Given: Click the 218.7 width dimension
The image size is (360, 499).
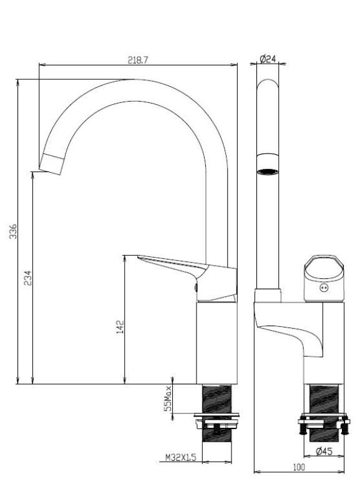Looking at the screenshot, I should pos(138,59).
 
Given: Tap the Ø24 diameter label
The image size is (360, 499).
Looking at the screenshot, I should pos(268,59).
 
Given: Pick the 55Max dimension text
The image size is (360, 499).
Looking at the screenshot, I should pos(167,398).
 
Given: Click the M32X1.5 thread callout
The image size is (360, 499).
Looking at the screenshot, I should pos(181,457).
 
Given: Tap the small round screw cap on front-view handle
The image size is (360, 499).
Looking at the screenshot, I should pos(323,288).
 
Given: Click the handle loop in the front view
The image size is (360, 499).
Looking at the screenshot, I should pos(323,270).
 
